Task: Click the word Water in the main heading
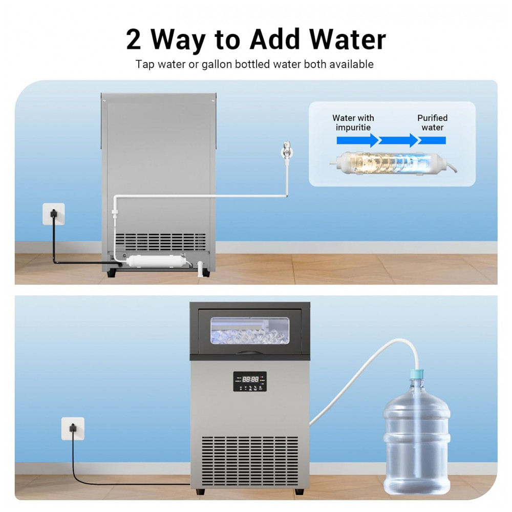point(348,39)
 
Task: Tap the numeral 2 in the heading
point(133,39)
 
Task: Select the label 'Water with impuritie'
point(353,122)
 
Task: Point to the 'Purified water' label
point(432,122)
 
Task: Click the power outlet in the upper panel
point(54,214)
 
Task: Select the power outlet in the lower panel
point(73,429)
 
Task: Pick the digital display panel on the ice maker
point(250,381)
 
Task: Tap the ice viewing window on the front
point(250,330)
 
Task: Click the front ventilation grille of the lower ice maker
point(250,460)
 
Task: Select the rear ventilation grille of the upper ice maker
point(160,242)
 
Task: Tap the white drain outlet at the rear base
point(200,268)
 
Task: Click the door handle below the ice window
point(249,353)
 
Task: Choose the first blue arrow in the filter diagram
point(358,140)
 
